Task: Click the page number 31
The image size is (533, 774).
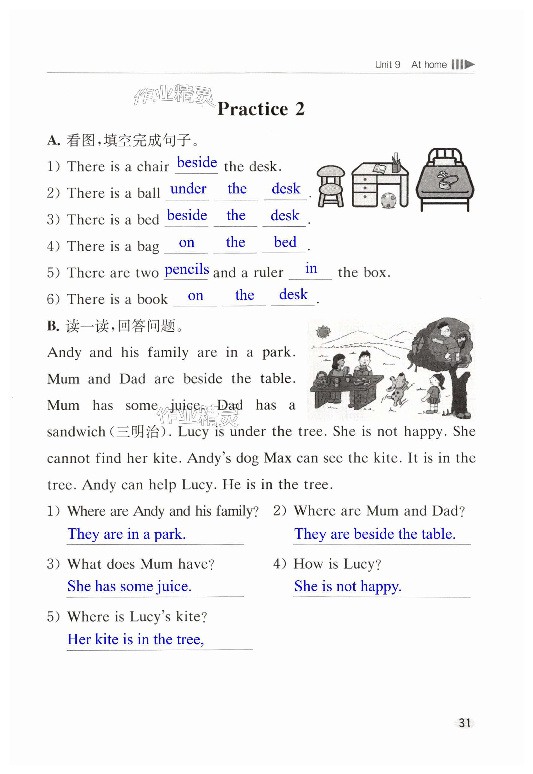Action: point(464,723)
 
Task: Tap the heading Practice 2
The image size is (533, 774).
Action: point(261,109)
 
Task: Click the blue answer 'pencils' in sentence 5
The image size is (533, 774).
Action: point(187,269)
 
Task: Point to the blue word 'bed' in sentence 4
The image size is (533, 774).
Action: point(285,242)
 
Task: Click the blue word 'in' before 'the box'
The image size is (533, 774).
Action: point(311,268)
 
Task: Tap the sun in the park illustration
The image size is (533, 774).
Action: point(323,332)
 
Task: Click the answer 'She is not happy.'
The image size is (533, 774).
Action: point(348,586)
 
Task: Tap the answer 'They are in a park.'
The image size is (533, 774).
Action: point(126,534)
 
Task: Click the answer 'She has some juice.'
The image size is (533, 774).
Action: point(129,586)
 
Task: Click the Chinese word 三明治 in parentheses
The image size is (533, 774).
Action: point(137,432)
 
